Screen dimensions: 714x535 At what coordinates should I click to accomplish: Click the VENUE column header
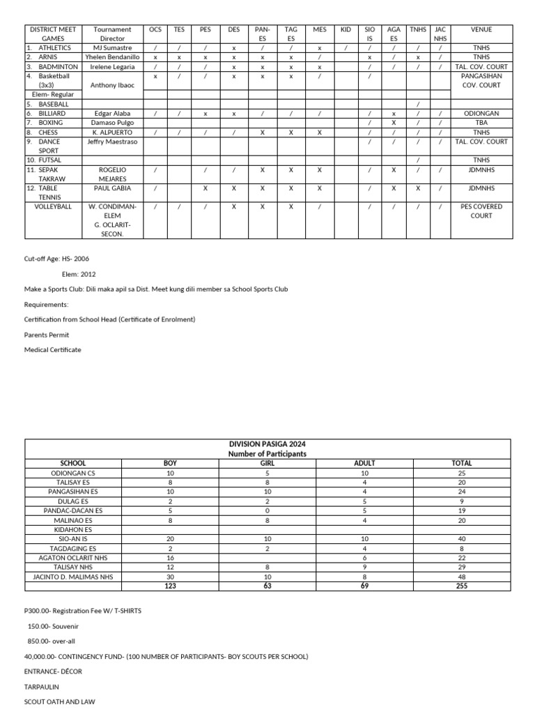(x=481, y=30)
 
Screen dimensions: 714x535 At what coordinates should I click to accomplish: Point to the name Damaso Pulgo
(x=112, y=123)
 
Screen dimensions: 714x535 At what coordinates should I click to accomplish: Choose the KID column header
(x=346, y=30)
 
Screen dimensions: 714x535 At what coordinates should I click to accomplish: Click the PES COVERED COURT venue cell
(x=481, y=211)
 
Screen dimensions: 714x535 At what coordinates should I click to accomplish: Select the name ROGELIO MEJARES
(x=112, y=174)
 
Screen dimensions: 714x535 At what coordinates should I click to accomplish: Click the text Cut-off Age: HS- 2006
(x=56, y=259)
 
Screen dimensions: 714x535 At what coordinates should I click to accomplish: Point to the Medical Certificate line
(x=52, y=349)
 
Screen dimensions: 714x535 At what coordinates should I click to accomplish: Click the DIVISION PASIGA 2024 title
(x=267, y=444)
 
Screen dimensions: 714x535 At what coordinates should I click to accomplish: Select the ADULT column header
(x=364, y=463)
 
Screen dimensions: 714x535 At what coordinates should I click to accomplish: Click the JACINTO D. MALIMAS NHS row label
(x=73, y=577)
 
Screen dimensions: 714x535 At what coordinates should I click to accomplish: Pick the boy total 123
(x=170, y=586)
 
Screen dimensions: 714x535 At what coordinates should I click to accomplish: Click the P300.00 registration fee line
(x=82, y=611)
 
